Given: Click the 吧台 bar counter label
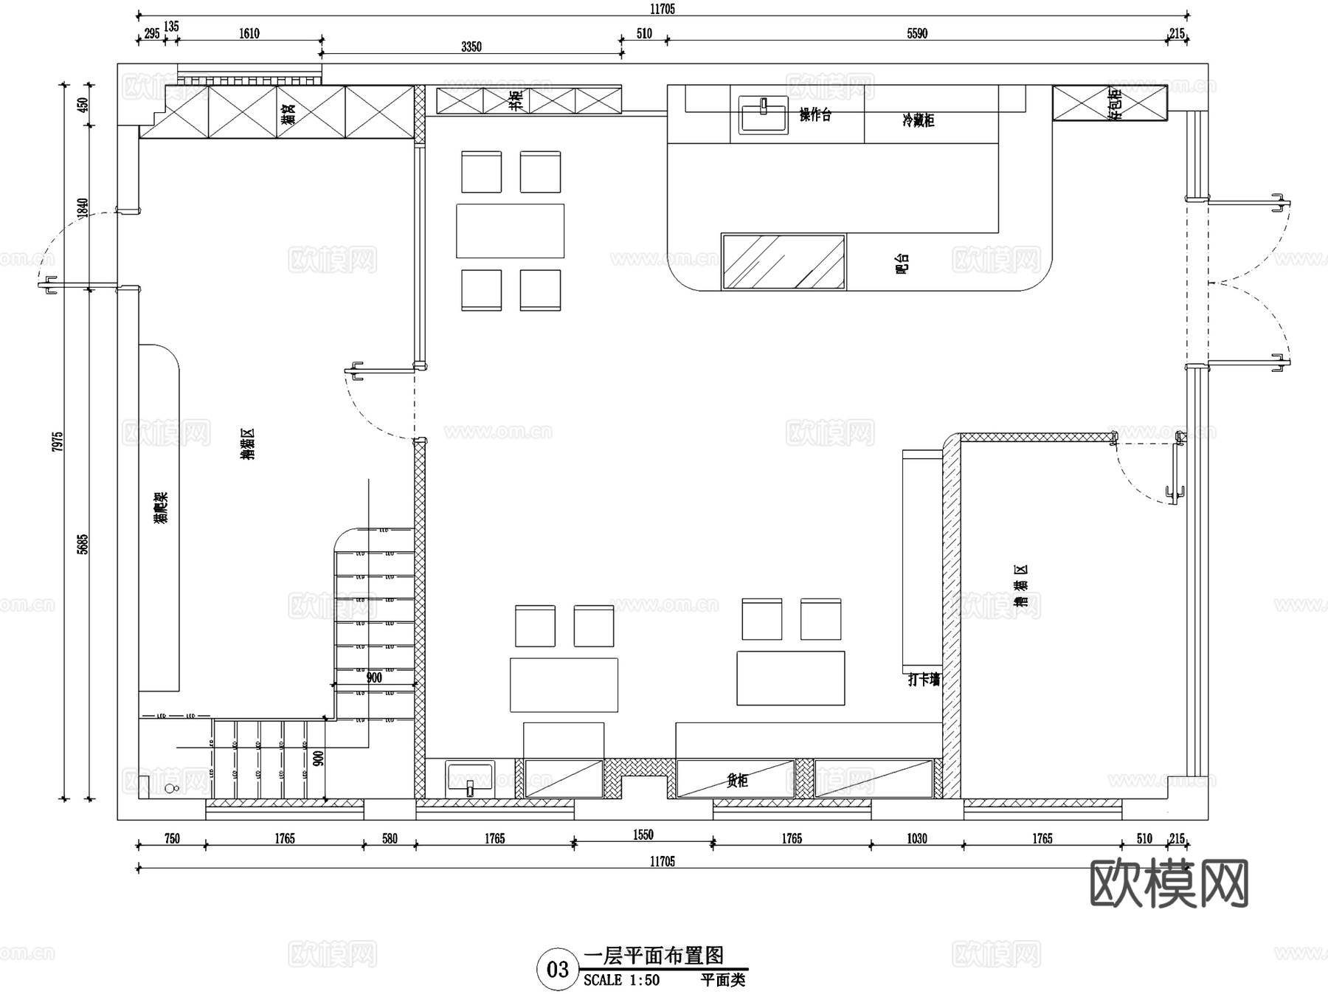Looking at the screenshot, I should (902, 264).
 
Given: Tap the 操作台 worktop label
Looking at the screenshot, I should (815, 115).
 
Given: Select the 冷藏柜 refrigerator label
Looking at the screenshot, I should (919, 120).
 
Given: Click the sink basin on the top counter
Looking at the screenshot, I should (764, 116).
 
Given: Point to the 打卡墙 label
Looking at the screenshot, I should (924, 680).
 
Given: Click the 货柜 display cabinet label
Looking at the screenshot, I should (737, 781).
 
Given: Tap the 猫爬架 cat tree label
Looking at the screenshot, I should (162, 508).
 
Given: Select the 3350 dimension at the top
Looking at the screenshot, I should (471, 46).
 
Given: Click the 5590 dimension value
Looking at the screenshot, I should (917, 33).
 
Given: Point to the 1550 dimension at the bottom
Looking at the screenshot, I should (643, 835).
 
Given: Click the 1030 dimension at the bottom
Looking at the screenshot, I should (917, 838).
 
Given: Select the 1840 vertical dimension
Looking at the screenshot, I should (83, 207).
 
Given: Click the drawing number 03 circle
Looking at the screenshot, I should (557, 969).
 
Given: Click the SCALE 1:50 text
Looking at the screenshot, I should (621, 980).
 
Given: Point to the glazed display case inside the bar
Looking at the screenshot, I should (784, 262).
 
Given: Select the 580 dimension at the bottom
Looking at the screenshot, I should (390, 838).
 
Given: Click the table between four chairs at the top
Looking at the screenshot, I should (510, 231).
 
